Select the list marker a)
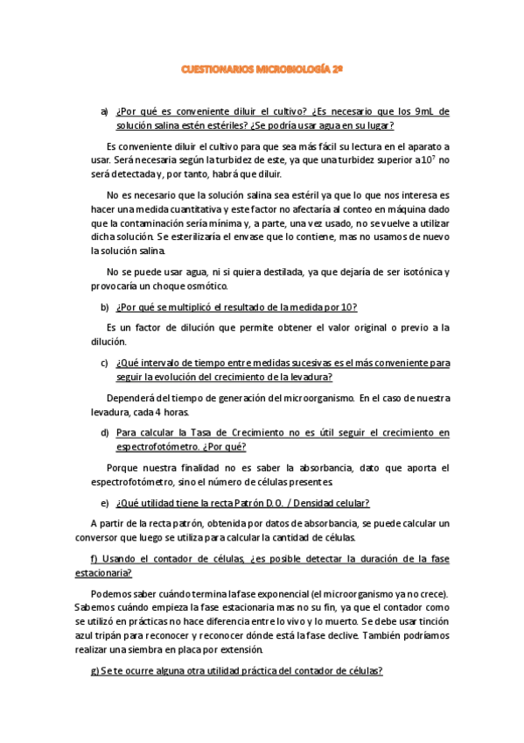[105, 111]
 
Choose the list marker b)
[105, 306]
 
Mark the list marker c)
[105, 362]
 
